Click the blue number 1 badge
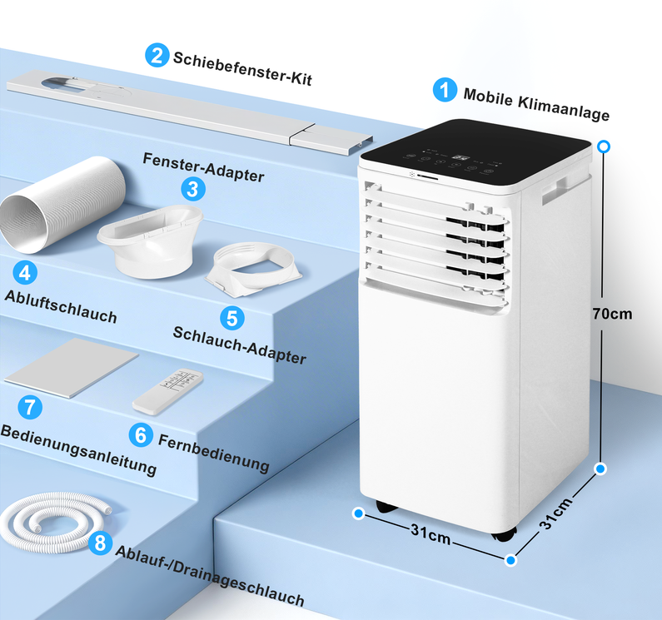445,90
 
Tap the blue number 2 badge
157,55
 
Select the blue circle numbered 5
232,318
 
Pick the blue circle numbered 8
100,543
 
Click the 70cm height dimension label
612,314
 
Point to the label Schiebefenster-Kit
242,69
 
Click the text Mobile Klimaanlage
536,104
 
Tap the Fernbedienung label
214,453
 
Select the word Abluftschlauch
61,307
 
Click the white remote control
168,391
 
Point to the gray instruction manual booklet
72,368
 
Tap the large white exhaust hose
62,205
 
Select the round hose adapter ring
254,269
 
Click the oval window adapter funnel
151,241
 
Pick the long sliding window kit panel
190,112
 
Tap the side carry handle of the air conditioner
555,191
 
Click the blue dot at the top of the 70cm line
605,146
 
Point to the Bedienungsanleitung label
78,450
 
